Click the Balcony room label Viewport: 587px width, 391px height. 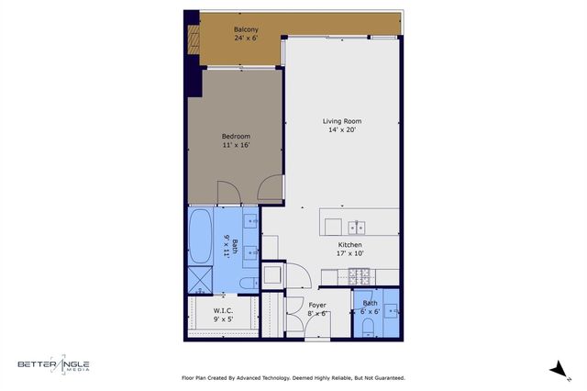click(245, 29)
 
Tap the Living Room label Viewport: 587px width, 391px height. click(341, 121)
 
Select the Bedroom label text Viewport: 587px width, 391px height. click(236, 136)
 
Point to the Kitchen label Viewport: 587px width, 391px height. click(350, 245)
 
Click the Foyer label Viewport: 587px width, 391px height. click(317, 304)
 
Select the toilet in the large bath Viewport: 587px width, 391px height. click(249, 282)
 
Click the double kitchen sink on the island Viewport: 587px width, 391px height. click(357, 227)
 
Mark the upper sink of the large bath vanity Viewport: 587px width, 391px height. click(250, 221)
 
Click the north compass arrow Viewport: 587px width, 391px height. click(554, 368)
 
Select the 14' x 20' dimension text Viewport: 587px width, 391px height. click(341, 130)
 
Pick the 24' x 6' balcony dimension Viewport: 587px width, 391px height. click(245, 39)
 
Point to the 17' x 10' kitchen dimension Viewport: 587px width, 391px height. click(350, 254)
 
